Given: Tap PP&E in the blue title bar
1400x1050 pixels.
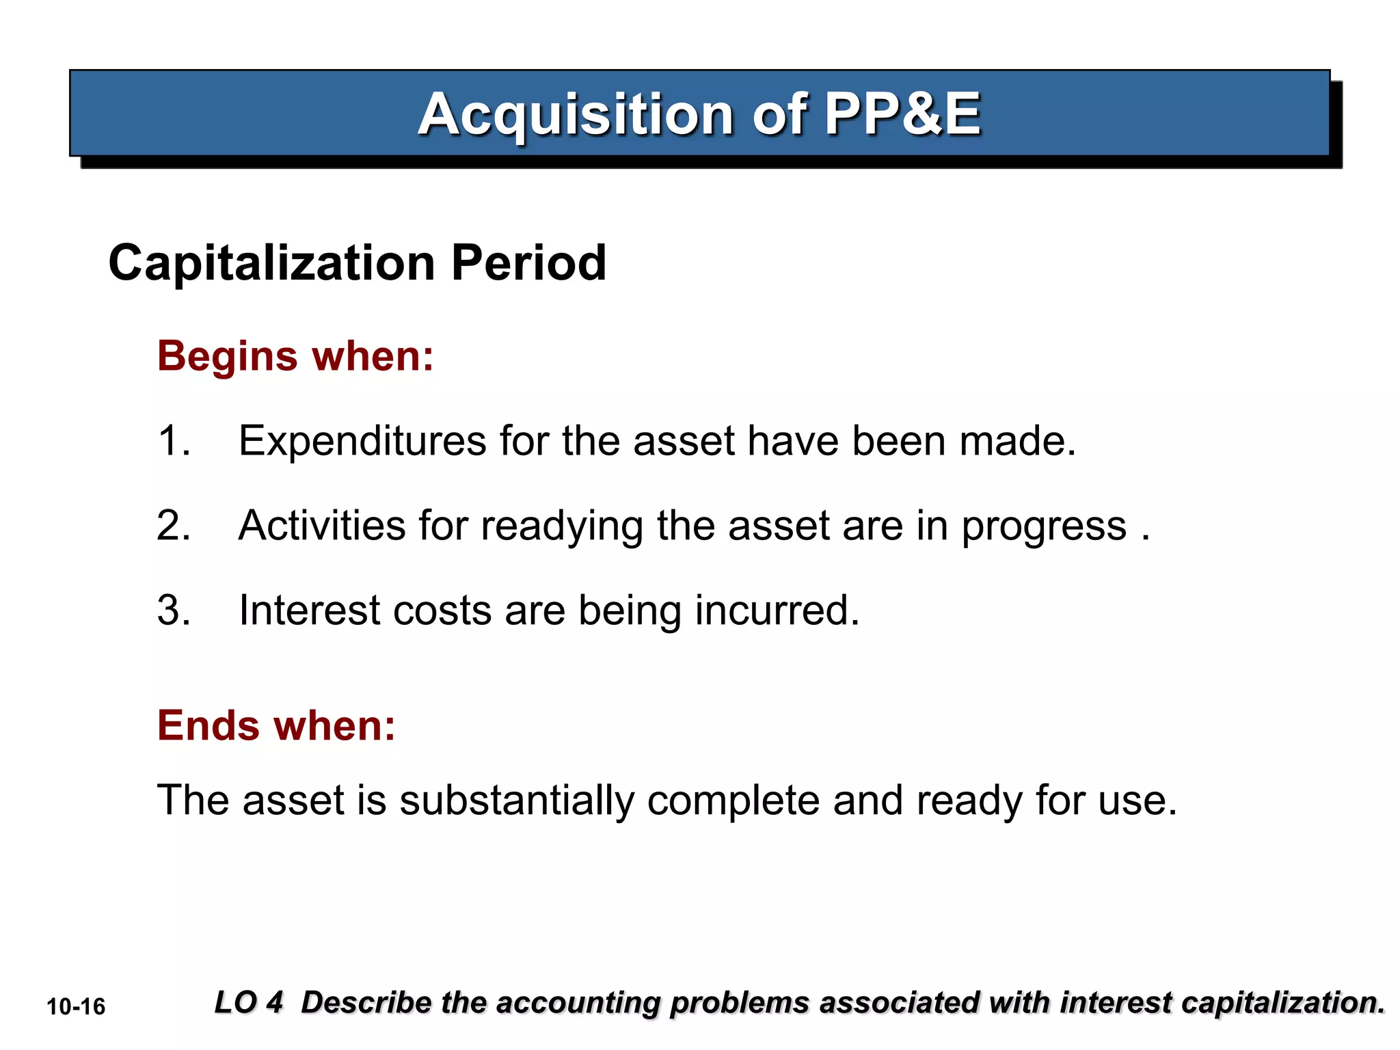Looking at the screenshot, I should pyautogui.click(x=902, y=114).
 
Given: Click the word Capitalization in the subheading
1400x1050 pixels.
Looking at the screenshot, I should pyautogui.click(x=271, y=263).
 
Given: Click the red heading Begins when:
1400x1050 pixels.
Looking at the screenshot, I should pyautogui.click(x=295, y=356).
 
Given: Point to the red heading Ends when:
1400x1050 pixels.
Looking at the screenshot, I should pyautogui.click(x=276, y=725).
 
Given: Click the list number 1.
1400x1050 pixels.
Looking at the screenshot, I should pyautogui.click(x=173, y=441).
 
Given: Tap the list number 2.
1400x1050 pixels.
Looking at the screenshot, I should pyautogui.click(x=173, y=526).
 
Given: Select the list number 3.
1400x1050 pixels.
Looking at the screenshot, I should pyautogui.click(x=173, y=610).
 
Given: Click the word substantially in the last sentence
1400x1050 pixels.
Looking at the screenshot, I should pyautogui.click(x=517, y=801).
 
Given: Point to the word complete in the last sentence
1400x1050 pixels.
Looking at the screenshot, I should pyautogui.click(x=733, y=801).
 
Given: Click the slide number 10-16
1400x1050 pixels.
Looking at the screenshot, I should pyautogui.click(x=76, y=1007).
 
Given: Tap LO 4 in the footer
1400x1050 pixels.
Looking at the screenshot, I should pyautogui.click(x=248, y=1003).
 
